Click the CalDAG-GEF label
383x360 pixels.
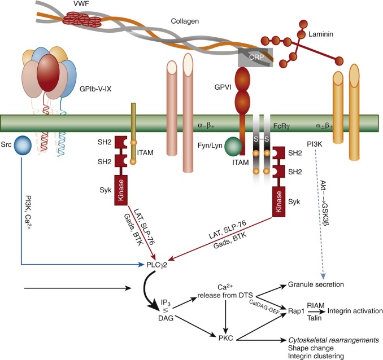click(264, 306)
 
